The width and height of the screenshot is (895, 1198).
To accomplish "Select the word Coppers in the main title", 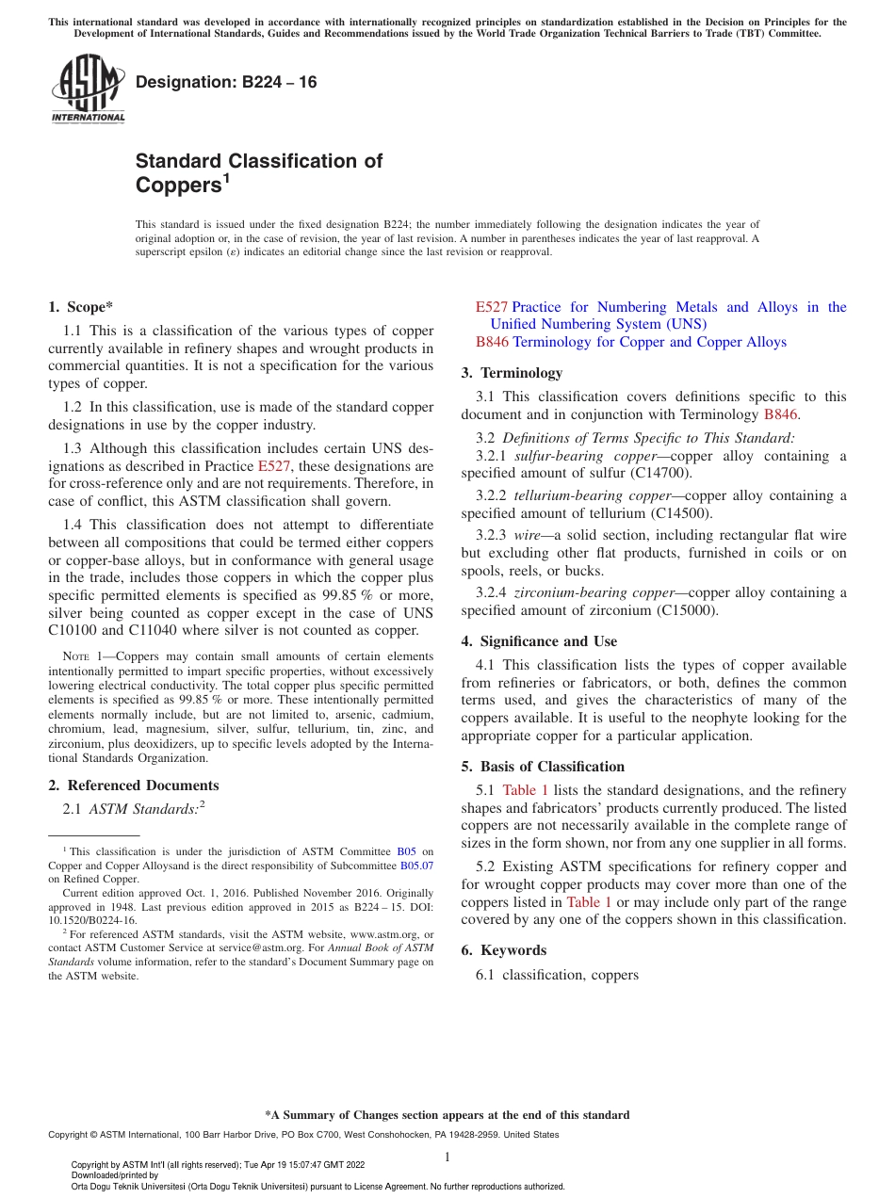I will coord(177,186).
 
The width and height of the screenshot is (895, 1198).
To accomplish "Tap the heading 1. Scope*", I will coord(81,307).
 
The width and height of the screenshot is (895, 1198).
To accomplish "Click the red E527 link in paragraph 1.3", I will coord(274,466).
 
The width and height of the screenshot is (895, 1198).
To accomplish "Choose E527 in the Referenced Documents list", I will coord(492,307).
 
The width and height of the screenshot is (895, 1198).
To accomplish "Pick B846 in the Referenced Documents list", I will coord(492,342).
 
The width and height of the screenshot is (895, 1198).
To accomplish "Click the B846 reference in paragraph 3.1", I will coord(781,414).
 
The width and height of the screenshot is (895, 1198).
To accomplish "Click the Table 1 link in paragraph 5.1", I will coord(525,790).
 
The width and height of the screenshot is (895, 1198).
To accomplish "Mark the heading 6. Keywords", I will coord(504,950).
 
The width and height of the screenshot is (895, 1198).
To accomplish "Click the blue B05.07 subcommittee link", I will coord(416,865).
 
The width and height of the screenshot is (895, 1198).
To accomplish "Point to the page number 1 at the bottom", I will coord(447,1158).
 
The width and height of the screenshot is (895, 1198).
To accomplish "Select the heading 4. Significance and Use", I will coord(539,641).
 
